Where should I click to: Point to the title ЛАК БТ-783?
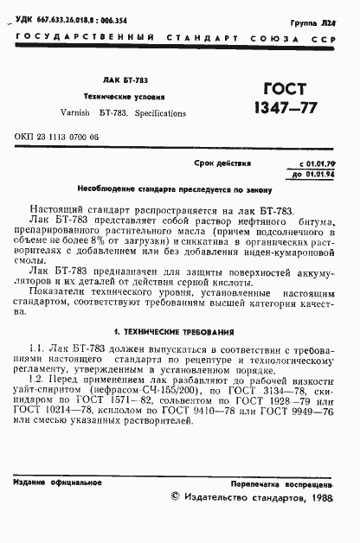coord(129,80)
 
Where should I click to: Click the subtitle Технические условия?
coord(130,97)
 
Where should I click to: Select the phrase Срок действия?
coord(224,163)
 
